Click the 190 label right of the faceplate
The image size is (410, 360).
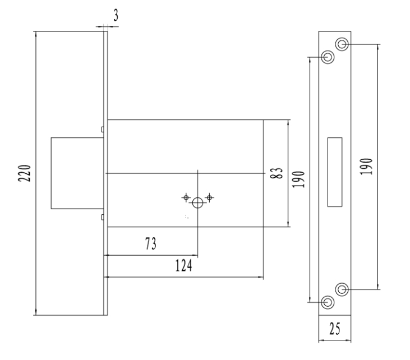pyautogui.click(x=365, y=167)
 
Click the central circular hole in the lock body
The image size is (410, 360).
pyautogui.click(x=197, y=202)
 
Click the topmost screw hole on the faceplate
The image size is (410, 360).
pyautogui.click(x=342, y=44)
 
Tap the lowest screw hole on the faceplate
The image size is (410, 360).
pyautogui.click(x=328, y=303)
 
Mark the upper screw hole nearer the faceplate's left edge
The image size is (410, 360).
pyautogui.click(x=328, y=57)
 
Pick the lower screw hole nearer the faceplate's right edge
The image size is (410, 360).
pyautogui.click(x=342, y=289)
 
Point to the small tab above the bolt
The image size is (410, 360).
pyautogui.click(x=102, y=130)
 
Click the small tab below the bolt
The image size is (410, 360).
pyautogui.click(x=102, y=217)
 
